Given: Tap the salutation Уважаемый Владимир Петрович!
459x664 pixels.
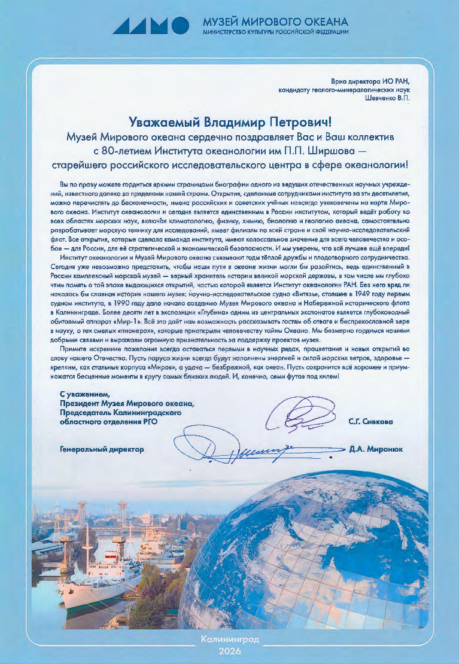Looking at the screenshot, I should coord(229,123).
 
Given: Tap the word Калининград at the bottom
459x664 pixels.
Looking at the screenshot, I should coord(230,639).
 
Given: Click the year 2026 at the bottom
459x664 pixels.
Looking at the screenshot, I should coord(230,650).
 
